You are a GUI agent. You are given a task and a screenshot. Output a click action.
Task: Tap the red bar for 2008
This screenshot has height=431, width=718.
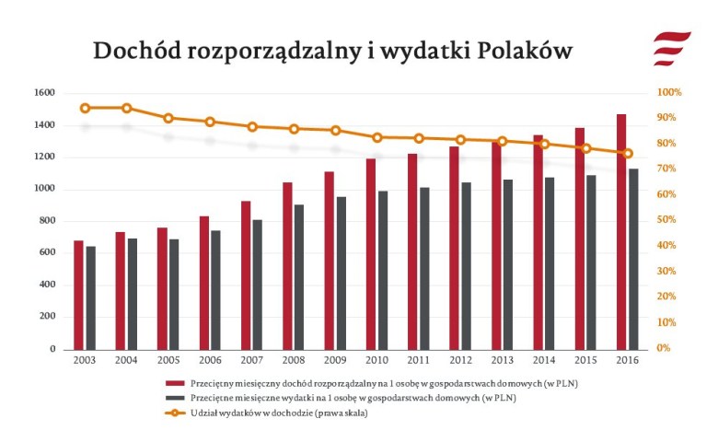287,266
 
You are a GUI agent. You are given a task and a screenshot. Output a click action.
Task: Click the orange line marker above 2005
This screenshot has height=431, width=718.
168,118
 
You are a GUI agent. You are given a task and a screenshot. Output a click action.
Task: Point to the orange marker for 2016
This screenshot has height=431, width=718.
628,153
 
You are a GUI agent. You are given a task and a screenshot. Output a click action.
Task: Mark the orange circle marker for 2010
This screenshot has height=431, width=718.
377,137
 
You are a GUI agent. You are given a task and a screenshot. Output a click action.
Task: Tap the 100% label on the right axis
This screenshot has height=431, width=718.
669,93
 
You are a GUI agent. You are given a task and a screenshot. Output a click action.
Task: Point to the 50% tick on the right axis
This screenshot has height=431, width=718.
667,221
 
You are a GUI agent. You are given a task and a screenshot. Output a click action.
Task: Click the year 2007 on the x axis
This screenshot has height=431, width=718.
251,359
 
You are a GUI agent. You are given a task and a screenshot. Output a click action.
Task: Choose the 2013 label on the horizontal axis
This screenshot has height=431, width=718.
502,359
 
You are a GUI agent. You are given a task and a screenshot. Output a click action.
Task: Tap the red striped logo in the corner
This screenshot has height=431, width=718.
671,47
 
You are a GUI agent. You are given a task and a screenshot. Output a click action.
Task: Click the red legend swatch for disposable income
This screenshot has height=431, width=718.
174,382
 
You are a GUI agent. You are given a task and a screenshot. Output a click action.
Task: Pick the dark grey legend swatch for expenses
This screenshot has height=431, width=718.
174,398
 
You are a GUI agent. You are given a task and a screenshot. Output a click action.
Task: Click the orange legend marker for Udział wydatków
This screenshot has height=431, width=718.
174,414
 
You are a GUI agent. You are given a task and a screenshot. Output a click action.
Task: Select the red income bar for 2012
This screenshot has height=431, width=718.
455,248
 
